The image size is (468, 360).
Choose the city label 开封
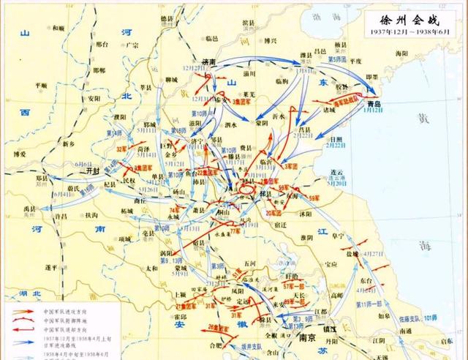(x=93, y=168)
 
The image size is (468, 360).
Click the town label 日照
(x=337, y=138)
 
